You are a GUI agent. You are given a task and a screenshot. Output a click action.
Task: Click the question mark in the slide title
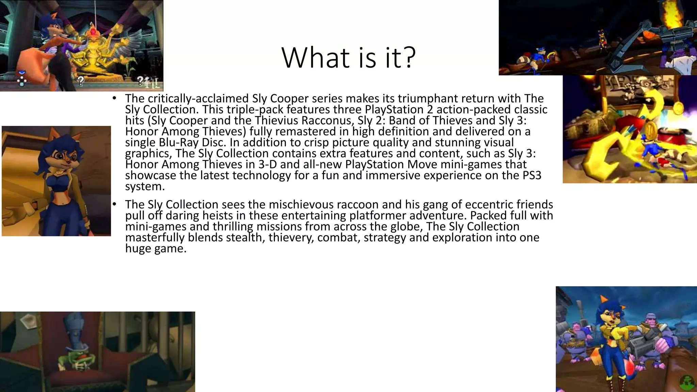coord(408,57)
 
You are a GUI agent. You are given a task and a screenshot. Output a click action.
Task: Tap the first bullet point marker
coord(115,98)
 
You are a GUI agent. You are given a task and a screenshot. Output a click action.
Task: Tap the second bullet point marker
coord(115,204)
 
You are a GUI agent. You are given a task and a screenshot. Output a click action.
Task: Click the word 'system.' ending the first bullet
coord(145,186)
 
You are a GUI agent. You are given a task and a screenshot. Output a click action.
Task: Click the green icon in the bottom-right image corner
coord(687,383)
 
